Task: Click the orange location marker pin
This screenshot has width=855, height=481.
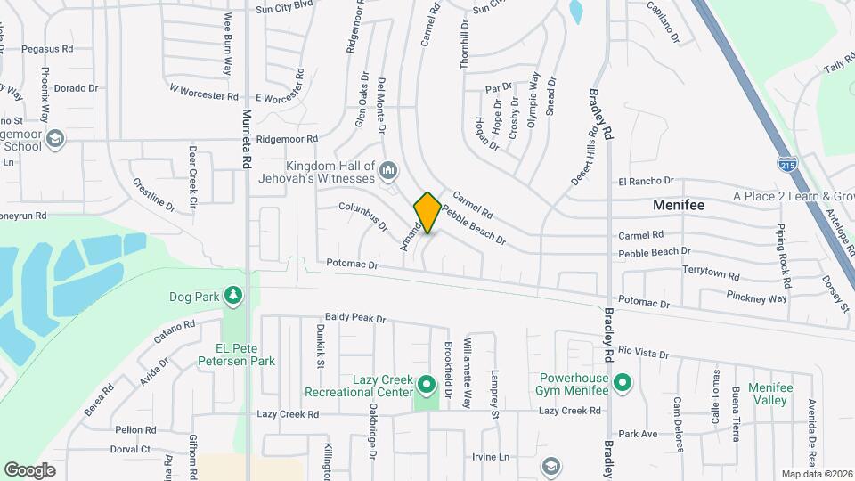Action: pyautogui.click(x=427, y=213)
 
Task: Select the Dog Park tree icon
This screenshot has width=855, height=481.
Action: pyautogui.click(x=233, y=295)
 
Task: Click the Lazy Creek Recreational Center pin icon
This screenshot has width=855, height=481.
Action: pyautogui.click(x=426, y=386)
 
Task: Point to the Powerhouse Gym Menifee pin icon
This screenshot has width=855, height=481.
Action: pyautogui.click(x=623, y=385)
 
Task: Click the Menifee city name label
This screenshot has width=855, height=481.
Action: pyautogui.click(x=679, y=205)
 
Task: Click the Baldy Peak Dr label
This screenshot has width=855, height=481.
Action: pyautogui.click(x=355, y=317)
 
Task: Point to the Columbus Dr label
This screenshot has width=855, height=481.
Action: pyautogui.click(x=363, y=216)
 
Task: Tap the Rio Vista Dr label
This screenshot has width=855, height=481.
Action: pyautogui.click(x=643, y=354)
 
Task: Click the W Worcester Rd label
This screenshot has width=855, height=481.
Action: pyautogui.click(x=204, y=92)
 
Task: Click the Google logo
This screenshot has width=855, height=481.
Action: pyautogui.click(x=29, y=469)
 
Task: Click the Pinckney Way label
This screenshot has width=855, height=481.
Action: pyautogui.click(x=756, y=298)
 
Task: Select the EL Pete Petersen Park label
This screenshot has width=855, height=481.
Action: pyautogui.click(x=234, y=355)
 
